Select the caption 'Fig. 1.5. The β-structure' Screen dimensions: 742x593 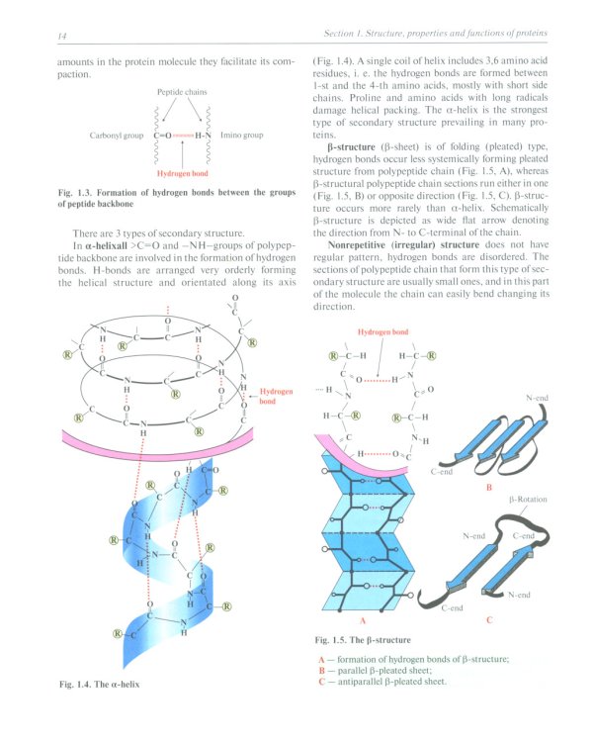coord(363,640)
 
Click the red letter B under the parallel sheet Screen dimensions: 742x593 coord(488,487)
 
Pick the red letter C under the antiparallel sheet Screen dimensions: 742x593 coord(489,620)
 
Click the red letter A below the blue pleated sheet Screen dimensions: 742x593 coord(363,620)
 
